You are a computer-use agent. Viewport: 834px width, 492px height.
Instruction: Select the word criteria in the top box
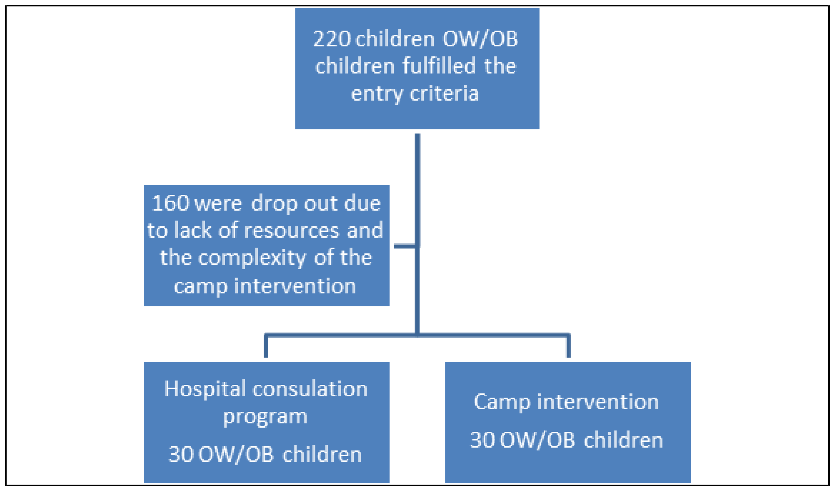(x=444, y=93)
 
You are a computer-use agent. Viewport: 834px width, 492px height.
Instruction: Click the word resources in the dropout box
(x=292, y=230)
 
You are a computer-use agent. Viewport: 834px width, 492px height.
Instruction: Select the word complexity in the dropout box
(x=252, y=258)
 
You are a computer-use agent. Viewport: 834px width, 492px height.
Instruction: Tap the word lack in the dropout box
(x=193, y=230)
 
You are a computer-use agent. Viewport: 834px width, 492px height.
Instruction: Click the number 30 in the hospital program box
(x=181, y=454)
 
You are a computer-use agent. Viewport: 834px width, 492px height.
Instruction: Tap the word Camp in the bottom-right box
(x=502, y=402)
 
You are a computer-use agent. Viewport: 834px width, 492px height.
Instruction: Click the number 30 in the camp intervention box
(x=483, y=440)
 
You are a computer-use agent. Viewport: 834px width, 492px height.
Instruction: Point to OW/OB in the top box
(x=480, y=39)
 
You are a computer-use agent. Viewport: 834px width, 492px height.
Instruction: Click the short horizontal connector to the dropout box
(x=404, y=246)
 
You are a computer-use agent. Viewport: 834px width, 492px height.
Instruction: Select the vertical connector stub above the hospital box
(x=266, y=346)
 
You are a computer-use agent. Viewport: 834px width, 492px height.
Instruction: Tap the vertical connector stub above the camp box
(x=568, y=346)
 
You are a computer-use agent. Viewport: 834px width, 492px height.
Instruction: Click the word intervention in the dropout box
(x=295, y=286)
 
